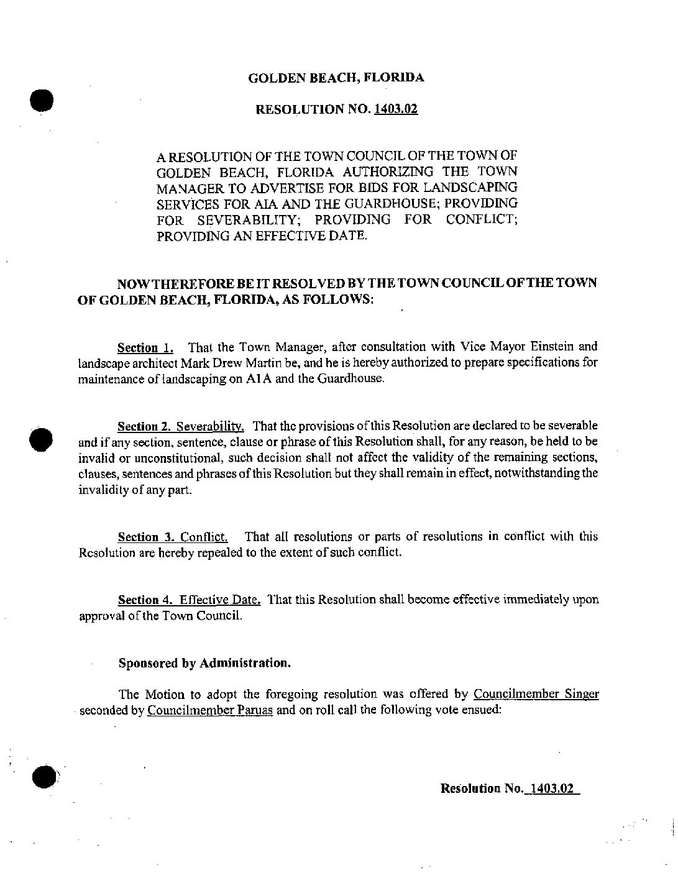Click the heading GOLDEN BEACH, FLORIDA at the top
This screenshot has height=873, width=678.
(336, 78)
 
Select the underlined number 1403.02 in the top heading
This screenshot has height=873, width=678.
(396, 110)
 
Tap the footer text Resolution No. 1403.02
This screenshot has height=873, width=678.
(510, 788)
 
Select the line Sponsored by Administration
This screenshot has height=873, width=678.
(204, 663)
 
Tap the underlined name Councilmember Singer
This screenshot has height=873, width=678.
(536, 694)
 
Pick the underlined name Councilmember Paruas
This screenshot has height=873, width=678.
(210, 710)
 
